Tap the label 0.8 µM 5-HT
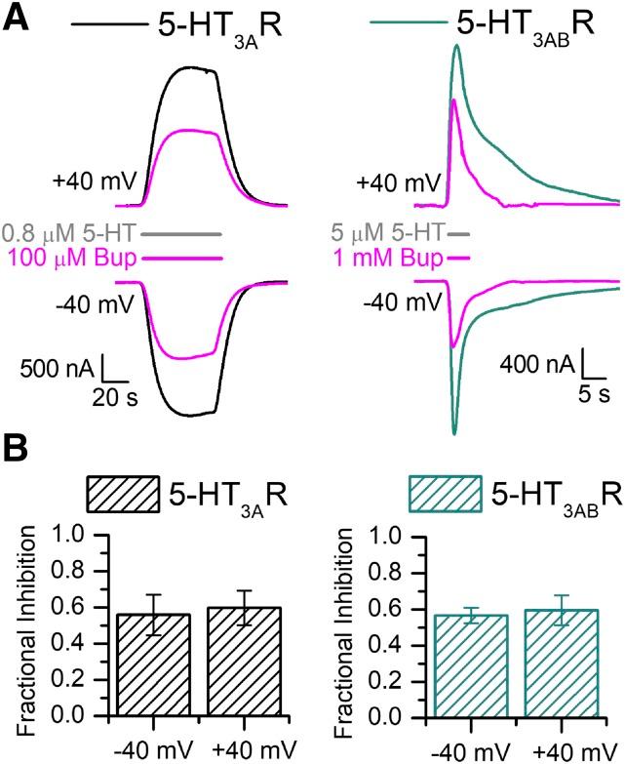[69, 234]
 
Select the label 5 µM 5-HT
[387, 234]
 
